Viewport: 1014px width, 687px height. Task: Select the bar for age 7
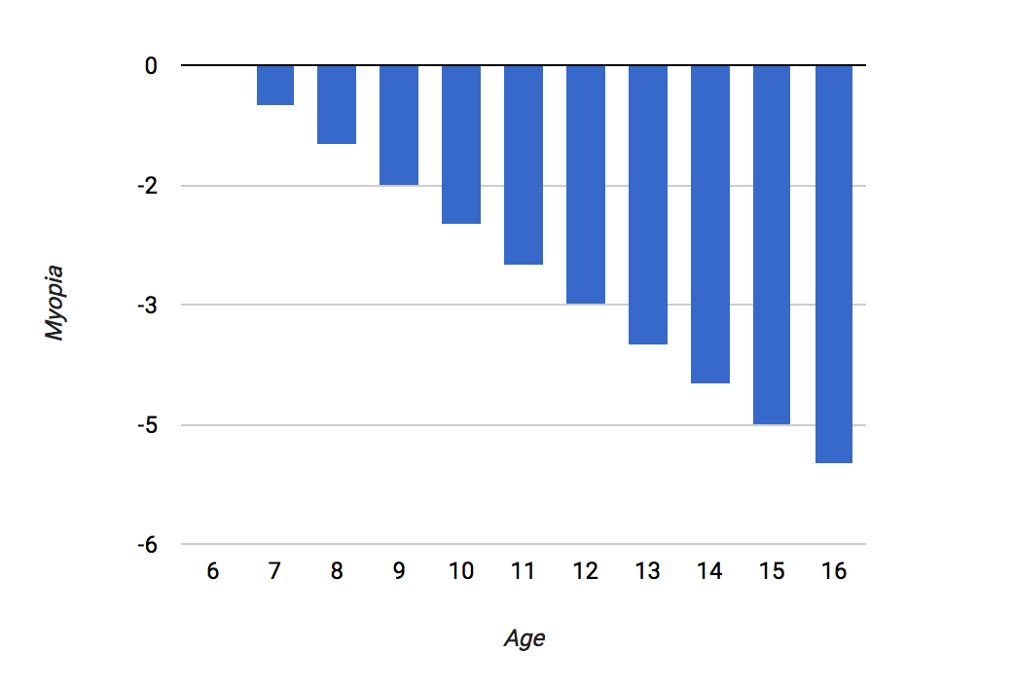click(x=275, y=85)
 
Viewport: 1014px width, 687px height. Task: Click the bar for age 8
click(x=337, y=104)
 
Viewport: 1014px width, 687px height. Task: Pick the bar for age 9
click(x=399, y=125)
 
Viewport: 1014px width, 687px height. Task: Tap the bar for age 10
click(x=461, y=144)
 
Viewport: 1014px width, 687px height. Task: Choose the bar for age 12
click(x=586, y=184)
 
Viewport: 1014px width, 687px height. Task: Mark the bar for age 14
click(x=710, y=224)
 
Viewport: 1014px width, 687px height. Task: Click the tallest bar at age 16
click(x=834, y=264)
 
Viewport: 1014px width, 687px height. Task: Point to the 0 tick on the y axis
click(x=152, y=66)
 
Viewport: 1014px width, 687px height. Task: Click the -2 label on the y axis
click(x=148, y=186)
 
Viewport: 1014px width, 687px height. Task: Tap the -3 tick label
click(x=148, y=306)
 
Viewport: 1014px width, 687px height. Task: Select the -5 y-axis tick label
click(x=148, y=425)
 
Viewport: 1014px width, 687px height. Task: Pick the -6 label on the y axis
click(x=148, y=545)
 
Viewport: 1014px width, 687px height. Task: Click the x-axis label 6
click(x=213, y=571)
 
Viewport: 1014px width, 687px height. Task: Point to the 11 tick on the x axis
click(x=524, y=571)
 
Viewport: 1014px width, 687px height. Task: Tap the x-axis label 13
click(x=647, y=571)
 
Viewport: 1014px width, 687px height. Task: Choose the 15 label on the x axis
click(x=772, y=571)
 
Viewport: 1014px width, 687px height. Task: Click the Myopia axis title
click(x=54, y=303)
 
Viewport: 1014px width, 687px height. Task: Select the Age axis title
click(x=525, y=638)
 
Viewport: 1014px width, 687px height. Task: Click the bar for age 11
click(x=524, y=165)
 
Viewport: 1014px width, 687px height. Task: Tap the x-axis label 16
click(x=834, y=571)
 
